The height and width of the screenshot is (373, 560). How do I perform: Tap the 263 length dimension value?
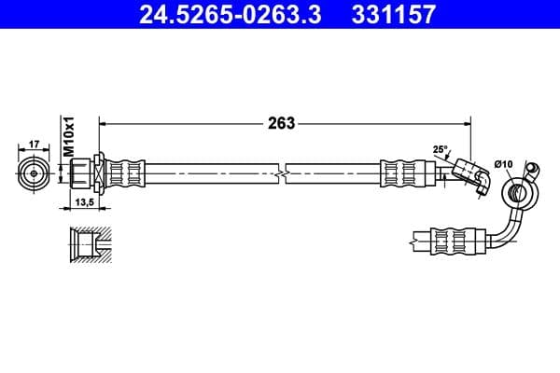click(x=281, y=123)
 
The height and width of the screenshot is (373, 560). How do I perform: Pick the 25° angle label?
click(x=441, y=148)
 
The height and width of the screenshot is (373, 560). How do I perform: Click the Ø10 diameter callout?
click(x=504, y=164)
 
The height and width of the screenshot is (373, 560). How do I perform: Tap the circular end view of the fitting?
click(x=34, y=173)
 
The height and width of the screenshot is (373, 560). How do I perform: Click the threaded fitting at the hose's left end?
click(x=84, y=173)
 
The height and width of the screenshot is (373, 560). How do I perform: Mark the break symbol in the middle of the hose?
click(x=283, y=173)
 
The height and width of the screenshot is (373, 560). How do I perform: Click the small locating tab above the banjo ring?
click(x=532, y=170)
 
